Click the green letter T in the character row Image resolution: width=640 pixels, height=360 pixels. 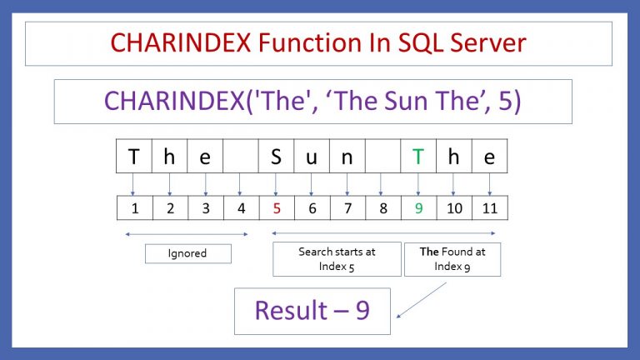418,157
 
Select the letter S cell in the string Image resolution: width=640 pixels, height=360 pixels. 276,157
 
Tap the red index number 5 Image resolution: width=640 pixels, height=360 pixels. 276,207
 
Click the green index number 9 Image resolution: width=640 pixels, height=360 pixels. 418,207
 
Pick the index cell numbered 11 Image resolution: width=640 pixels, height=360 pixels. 489,207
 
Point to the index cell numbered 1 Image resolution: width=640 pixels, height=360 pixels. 133,207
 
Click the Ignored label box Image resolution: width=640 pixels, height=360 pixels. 187,253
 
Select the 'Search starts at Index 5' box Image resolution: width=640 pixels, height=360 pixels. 337,258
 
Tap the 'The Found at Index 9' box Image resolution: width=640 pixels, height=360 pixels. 452,258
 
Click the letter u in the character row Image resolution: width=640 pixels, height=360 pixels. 312,157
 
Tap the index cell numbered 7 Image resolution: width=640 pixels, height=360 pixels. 347,207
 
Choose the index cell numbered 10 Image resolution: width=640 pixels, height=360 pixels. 454,207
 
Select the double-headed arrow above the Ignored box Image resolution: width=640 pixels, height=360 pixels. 187,234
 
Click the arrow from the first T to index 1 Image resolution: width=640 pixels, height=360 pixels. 133,183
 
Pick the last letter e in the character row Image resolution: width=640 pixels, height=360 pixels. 489,157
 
